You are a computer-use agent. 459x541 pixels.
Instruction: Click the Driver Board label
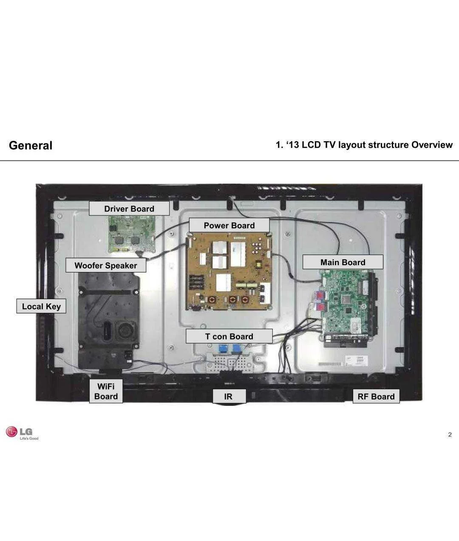129,208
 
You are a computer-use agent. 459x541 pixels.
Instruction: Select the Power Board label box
229,225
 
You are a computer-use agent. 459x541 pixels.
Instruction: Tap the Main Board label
343,262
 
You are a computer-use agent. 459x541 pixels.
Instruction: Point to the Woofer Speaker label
106,265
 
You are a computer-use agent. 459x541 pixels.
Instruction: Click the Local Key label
41,306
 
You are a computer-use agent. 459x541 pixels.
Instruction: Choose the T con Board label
229,336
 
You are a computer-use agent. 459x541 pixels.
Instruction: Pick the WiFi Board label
106,391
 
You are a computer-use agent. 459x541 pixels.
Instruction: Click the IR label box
229,396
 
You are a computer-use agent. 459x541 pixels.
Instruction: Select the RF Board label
376,396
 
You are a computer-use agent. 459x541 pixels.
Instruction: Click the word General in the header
31,145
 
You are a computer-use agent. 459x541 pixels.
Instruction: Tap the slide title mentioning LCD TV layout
364,145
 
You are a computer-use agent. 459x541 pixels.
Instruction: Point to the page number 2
450,435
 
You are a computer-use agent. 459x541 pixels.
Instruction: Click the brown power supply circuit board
229,272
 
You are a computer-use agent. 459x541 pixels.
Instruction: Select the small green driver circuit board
132,234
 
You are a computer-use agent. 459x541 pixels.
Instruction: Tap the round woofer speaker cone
127,331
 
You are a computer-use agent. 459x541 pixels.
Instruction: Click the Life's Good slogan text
29,439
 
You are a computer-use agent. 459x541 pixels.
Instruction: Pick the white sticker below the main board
357,360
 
